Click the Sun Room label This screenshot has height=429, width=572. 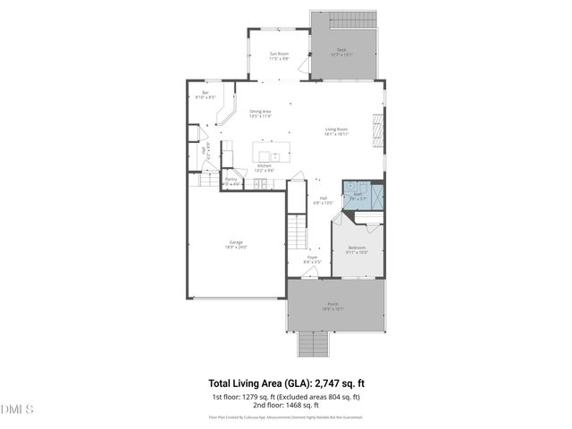[x=280, y=55]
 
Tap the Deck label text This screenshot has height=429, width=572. [x=341, y=52]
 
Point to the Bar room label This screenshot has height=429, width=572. [x=206, y=94]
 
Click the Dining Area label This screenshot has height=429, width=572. [x=260, y=113]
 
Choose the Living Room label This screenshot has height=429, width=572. [x=336, y=130]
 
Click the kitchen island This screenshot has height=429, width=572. [x=273, y=151]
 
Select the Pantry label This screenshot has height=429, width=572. [x=231, y=181]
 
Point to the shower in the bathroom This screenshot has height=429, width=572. [x=378, y=195]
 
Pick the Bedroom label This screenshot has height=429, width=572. [x=357, y=249]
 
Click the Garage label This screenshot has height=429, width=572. [x=236, y=244]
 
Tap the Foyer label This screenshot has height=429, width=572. [x=313, y=259]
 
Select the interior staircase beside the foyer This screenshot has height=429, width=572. [x=296, y=233]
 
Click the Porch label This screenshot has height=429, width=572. [x=332, y=306]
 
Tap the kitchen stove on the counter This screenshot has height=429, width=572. [x=259, y=183]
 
